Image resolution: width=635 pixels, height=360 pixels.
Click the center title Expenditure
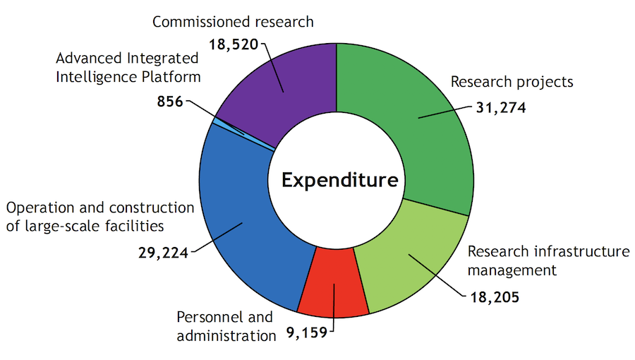339,180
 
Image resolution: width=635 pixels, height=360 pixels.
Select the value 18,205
494,296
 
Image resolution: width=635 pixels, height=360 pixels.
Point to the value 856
169,102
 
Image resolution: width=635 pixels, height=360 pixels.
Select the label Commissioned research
233,22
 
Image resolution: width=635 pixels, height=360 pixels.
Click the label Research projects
512,82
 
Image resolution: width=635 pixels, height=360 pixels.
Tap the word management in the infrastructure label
512,270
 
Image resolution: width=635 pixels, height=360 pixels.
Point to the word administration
226,335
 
